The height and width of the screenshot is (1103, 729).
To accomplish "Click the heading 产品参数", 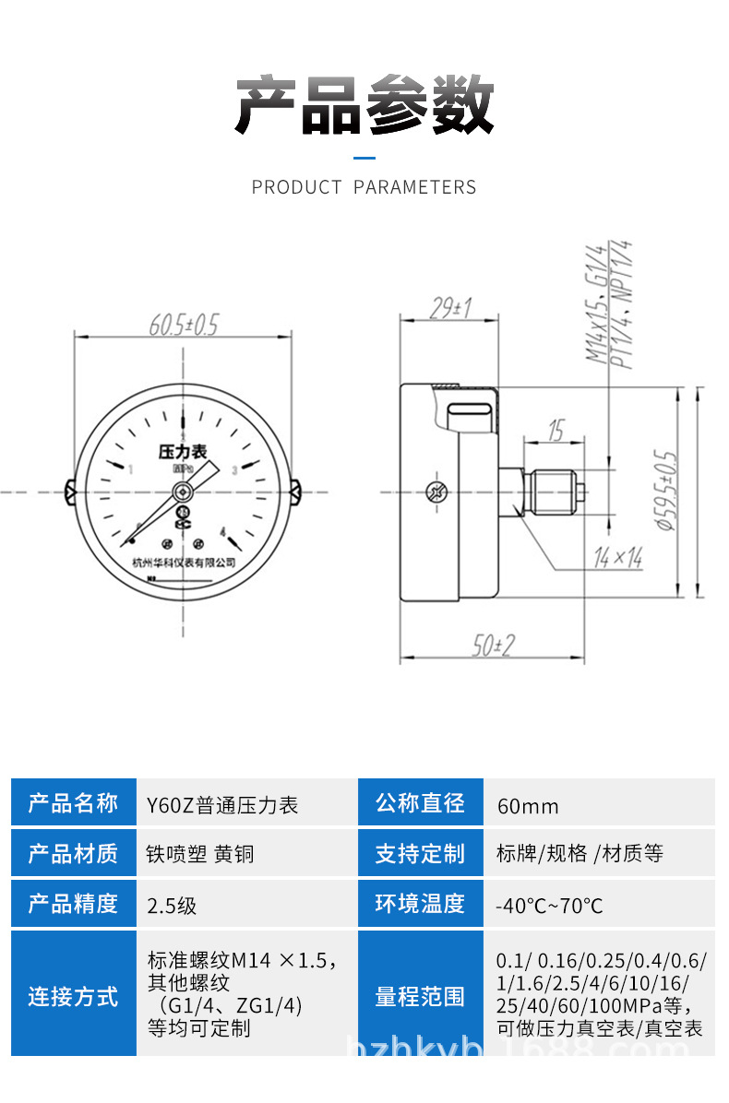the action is pyautogui.click(x=364, y=103).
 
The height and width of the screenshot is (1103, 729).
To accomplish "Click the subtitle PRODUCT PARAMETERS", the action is pyautogui.click(x=364, y=187).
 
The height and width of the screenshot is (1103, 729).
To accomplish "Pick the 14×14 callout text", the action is pyautogui.click(x=617, y=556).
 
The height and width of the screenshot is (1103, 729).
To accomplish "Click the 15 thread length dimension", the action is pyautogui.click(x=556, y=430).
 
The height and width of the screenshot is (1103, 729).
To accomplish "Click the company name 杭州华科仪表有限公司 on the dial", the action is pyautogui.click(x=184, y=561).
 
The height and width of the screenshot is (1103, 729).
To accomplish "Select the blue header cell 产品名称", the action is pyautogui.click(x=74, y=802).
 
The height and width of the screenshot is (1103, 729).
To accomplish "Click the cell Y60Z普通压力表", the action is pyautogui.click(x=222, y=805).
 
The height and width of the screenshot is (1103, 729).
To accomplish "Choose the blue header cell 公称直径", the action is pyautogui.click(x=420, y=802).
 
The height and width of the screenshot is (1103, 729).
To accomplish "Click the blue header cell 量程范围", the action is pyautogui.click(x=420, y=996).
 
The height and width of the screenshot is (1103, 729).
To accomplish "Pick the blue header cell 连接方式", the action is pyautogui.click(x=74, y=996).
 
